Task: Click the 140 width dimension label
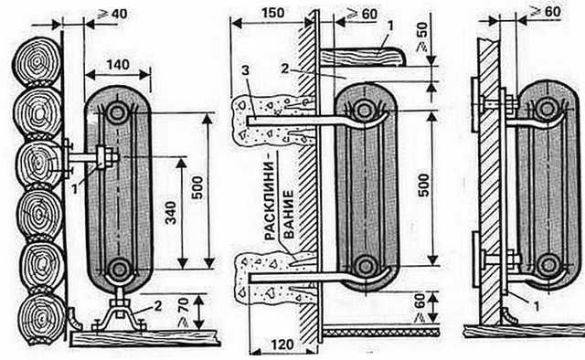coord(118,65)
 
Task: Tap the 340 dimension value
coord(171,213)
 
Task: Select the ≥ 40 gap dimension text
coord(112,15)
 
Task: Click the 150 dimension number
coord(272,13)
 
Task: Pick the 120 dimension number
coord(282,344)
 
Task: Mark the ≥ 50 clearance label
coord(422,37)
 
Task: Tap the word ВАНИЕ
coord(289,215)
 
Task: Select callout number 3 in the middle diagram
coord(245,70)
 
